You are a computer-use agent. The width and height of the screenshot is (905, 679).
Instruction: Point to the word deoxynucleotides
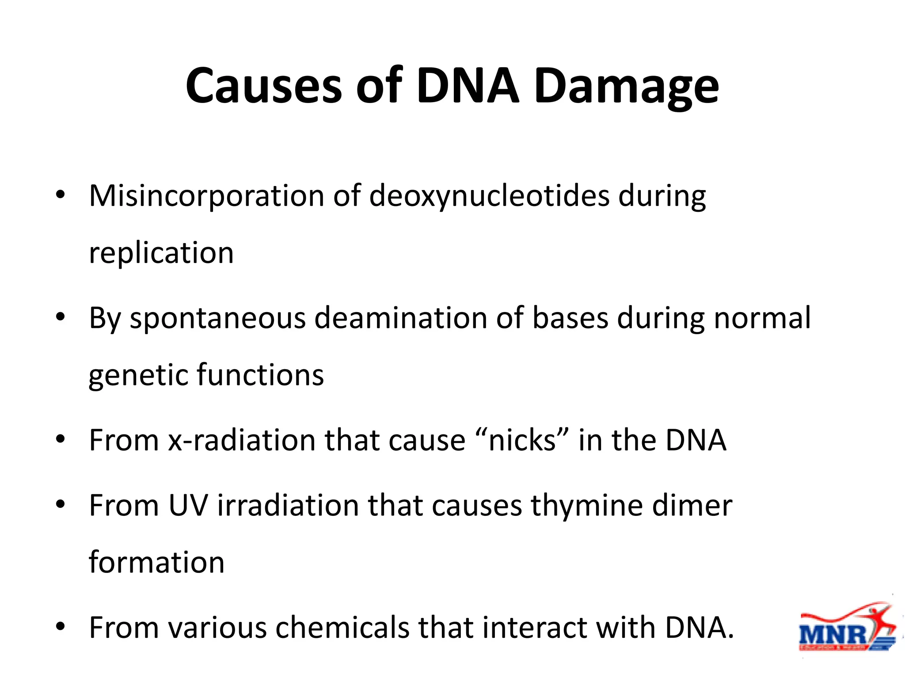[489, 195]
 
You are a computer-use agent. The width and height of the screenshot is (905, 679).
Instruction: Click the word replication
[161, 253]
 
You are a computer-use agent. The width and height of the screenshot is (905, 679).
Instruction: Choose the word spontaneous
[217, 319]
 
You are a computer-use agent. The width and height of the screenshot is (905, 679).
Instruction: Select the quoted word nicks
[522, 440]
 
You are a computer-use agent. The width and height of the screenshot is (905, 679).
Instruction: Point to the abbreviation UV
[188, 505]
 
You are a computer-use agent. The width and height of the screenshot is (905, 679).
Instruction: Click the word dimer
[692, 505]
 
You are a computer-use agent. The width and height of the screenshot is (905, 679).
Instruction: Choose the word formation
[157, 562]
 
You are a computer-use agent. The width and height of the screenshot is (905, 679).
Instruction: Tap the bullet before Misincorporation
[61, 195]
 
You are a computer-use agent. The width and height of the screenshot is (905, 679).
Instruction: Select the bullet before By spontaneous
[61, 317]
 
